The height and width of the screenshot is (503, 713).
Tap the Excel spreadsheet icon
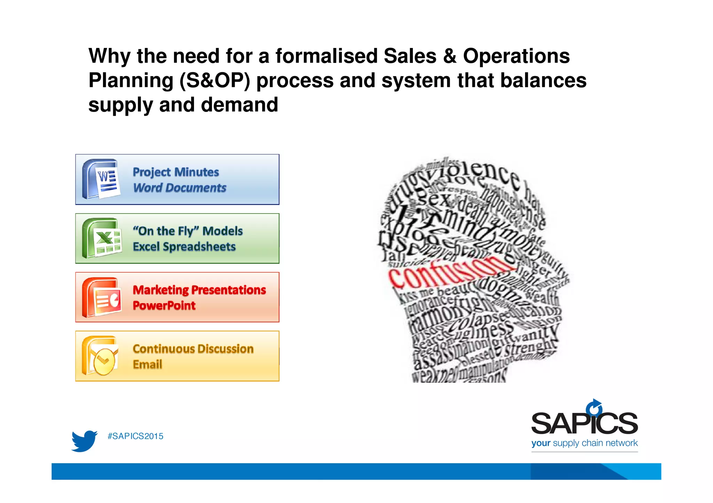(102, 238)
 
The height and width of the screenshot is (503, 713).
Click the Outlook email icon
(100, 356)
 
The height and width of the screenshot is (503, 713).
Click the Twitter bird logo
(84, 441)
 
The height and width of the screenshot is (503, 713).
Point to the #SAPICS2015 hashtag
(135, 436)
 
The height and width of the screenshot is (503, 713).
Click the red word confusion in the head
(449, 271)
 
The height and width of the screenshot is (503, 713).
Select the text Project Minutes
(176, 172)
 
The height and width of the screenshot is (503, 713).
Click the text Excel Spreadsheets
(184, 246)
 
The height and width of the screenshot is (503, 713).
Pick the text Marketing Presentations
(199, 290)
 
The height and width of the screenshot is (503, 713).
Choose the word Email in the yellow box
(148, 364)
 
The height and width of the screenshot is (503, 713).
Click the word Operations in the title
(516, 56)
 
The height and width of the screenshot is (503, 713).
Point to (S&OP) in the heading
(215, 80)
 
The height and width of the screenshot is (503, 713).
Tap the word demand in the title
(240, 105)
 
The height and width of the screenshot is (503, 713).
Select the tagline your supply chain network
(584, 443)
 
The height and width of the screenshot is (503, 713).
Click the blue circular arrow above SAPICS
(594, 407)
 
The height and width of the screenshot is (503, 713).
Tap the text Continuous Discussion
(193, 349)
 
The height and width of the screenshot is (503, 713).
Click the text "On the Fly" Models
(188, 231)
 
